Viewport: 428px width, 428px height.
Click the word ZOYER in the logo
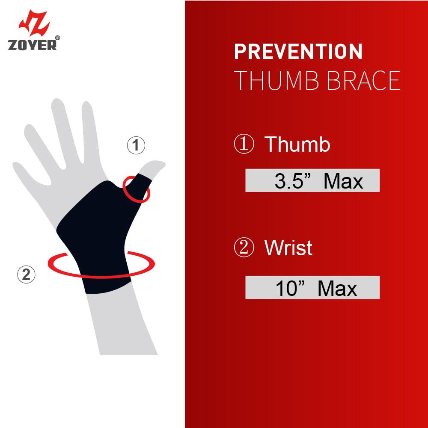tap(32, 45)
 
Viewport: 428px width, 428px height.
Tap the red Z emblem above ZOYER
tap(34, 23)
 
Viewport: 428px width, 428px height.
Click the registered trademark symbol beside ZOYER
tap(57, 38)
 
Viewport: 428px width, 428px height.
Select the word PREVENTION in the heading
tap(298, 51)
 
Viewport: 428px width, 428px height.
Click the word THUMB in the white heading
tap(276, 80)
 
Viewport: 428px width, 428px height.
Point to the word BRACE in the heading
tap(364, 80)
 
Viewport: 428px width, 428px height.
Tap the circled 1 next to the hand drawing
tap(136, 145)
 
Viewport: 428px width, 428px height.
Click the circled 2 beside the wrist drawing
tap(26, 275)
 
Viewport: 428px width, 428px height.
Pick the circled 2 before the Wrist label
tap(244, 247)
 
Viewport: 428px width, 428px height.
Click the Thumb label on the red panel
tap(297, 144)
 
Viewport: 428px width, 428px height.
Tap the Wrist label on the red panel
tap(288, 248)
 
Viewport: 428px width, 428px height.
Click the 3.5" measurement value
tap(293, 181)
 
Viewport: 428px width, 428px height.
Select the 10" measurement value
tap(290, 288)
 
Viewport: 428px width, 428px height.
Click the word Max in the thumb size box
tap(343, 181)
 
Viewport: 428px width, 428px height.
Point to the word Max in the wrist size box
tap(337, 288)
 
